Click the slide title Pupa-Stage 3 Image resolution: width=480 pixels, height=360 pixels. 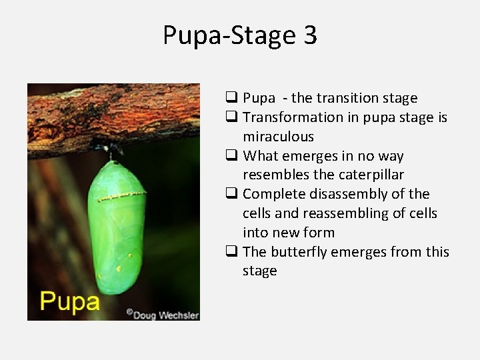click(240, 35)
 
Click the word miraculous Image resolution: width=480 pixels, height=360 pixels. click(278, 137)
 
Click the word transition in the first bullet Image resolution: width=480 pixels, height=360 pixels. click(347, 98)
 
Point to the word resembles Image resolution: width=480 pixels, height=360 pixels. click(274, 175)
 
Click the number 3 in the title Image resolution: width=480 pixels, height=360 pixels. click(310, 35)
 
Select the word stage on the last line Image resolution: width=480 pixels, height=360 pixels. click(259, 271)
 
